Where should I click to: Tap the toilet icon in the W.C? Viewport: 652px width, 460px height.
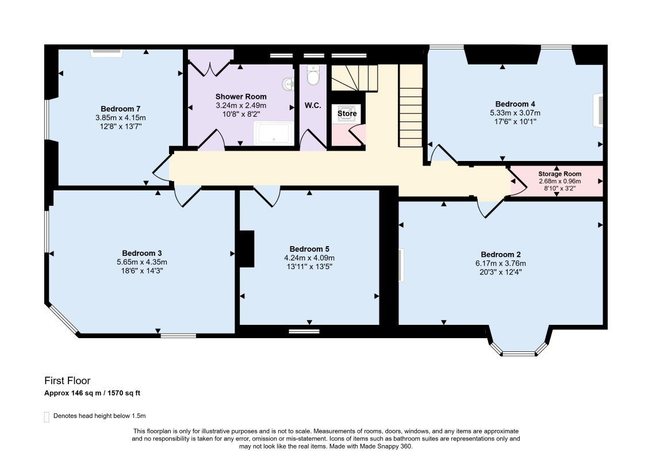point(312,75)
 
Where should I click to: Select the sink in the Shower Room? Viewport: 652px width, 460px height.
point(288,85)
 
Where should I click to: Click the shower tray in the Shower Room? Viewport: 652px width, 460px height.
point(274,133)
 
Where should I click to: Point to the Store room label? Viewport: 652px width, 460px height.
point(347,113)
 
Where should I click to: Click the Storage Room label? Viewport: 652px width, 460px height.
point(559,174)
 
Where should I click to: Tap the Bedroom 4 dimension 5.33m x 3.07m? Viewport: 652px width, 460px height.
point(515,113)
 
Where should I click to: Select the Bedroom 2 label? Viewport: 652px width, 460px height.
point(501,255)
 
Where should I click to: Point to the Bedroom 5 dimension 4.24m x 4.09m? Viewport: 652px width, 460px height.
point(309,258)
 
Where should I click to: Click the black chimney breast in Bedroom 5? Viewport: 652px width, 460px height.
point(247,249)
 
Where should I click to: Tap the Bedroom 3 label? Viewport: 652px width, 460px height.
point(142,254)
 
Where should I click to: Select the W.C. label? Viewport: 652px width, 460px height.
point(313,106)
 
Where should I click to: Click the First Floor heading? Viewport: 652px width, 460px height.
point(67,381)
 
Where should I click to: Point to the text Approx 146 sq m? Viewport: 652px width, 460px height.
point(72,393)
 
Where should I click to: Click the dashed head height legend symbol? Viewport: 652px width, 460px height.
point(47,417)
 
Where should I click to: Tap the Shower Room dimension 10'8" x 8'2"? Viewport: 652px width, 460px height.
point(241,114)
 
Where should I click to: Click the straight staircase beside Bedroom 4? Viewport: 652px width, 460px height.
point(411,106)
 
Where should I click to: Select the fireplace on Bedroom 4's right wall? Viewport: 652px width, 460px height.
point(599,110)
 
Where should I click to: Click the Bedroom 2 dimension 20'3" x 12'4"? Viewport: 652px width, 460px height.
point(501,273)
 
